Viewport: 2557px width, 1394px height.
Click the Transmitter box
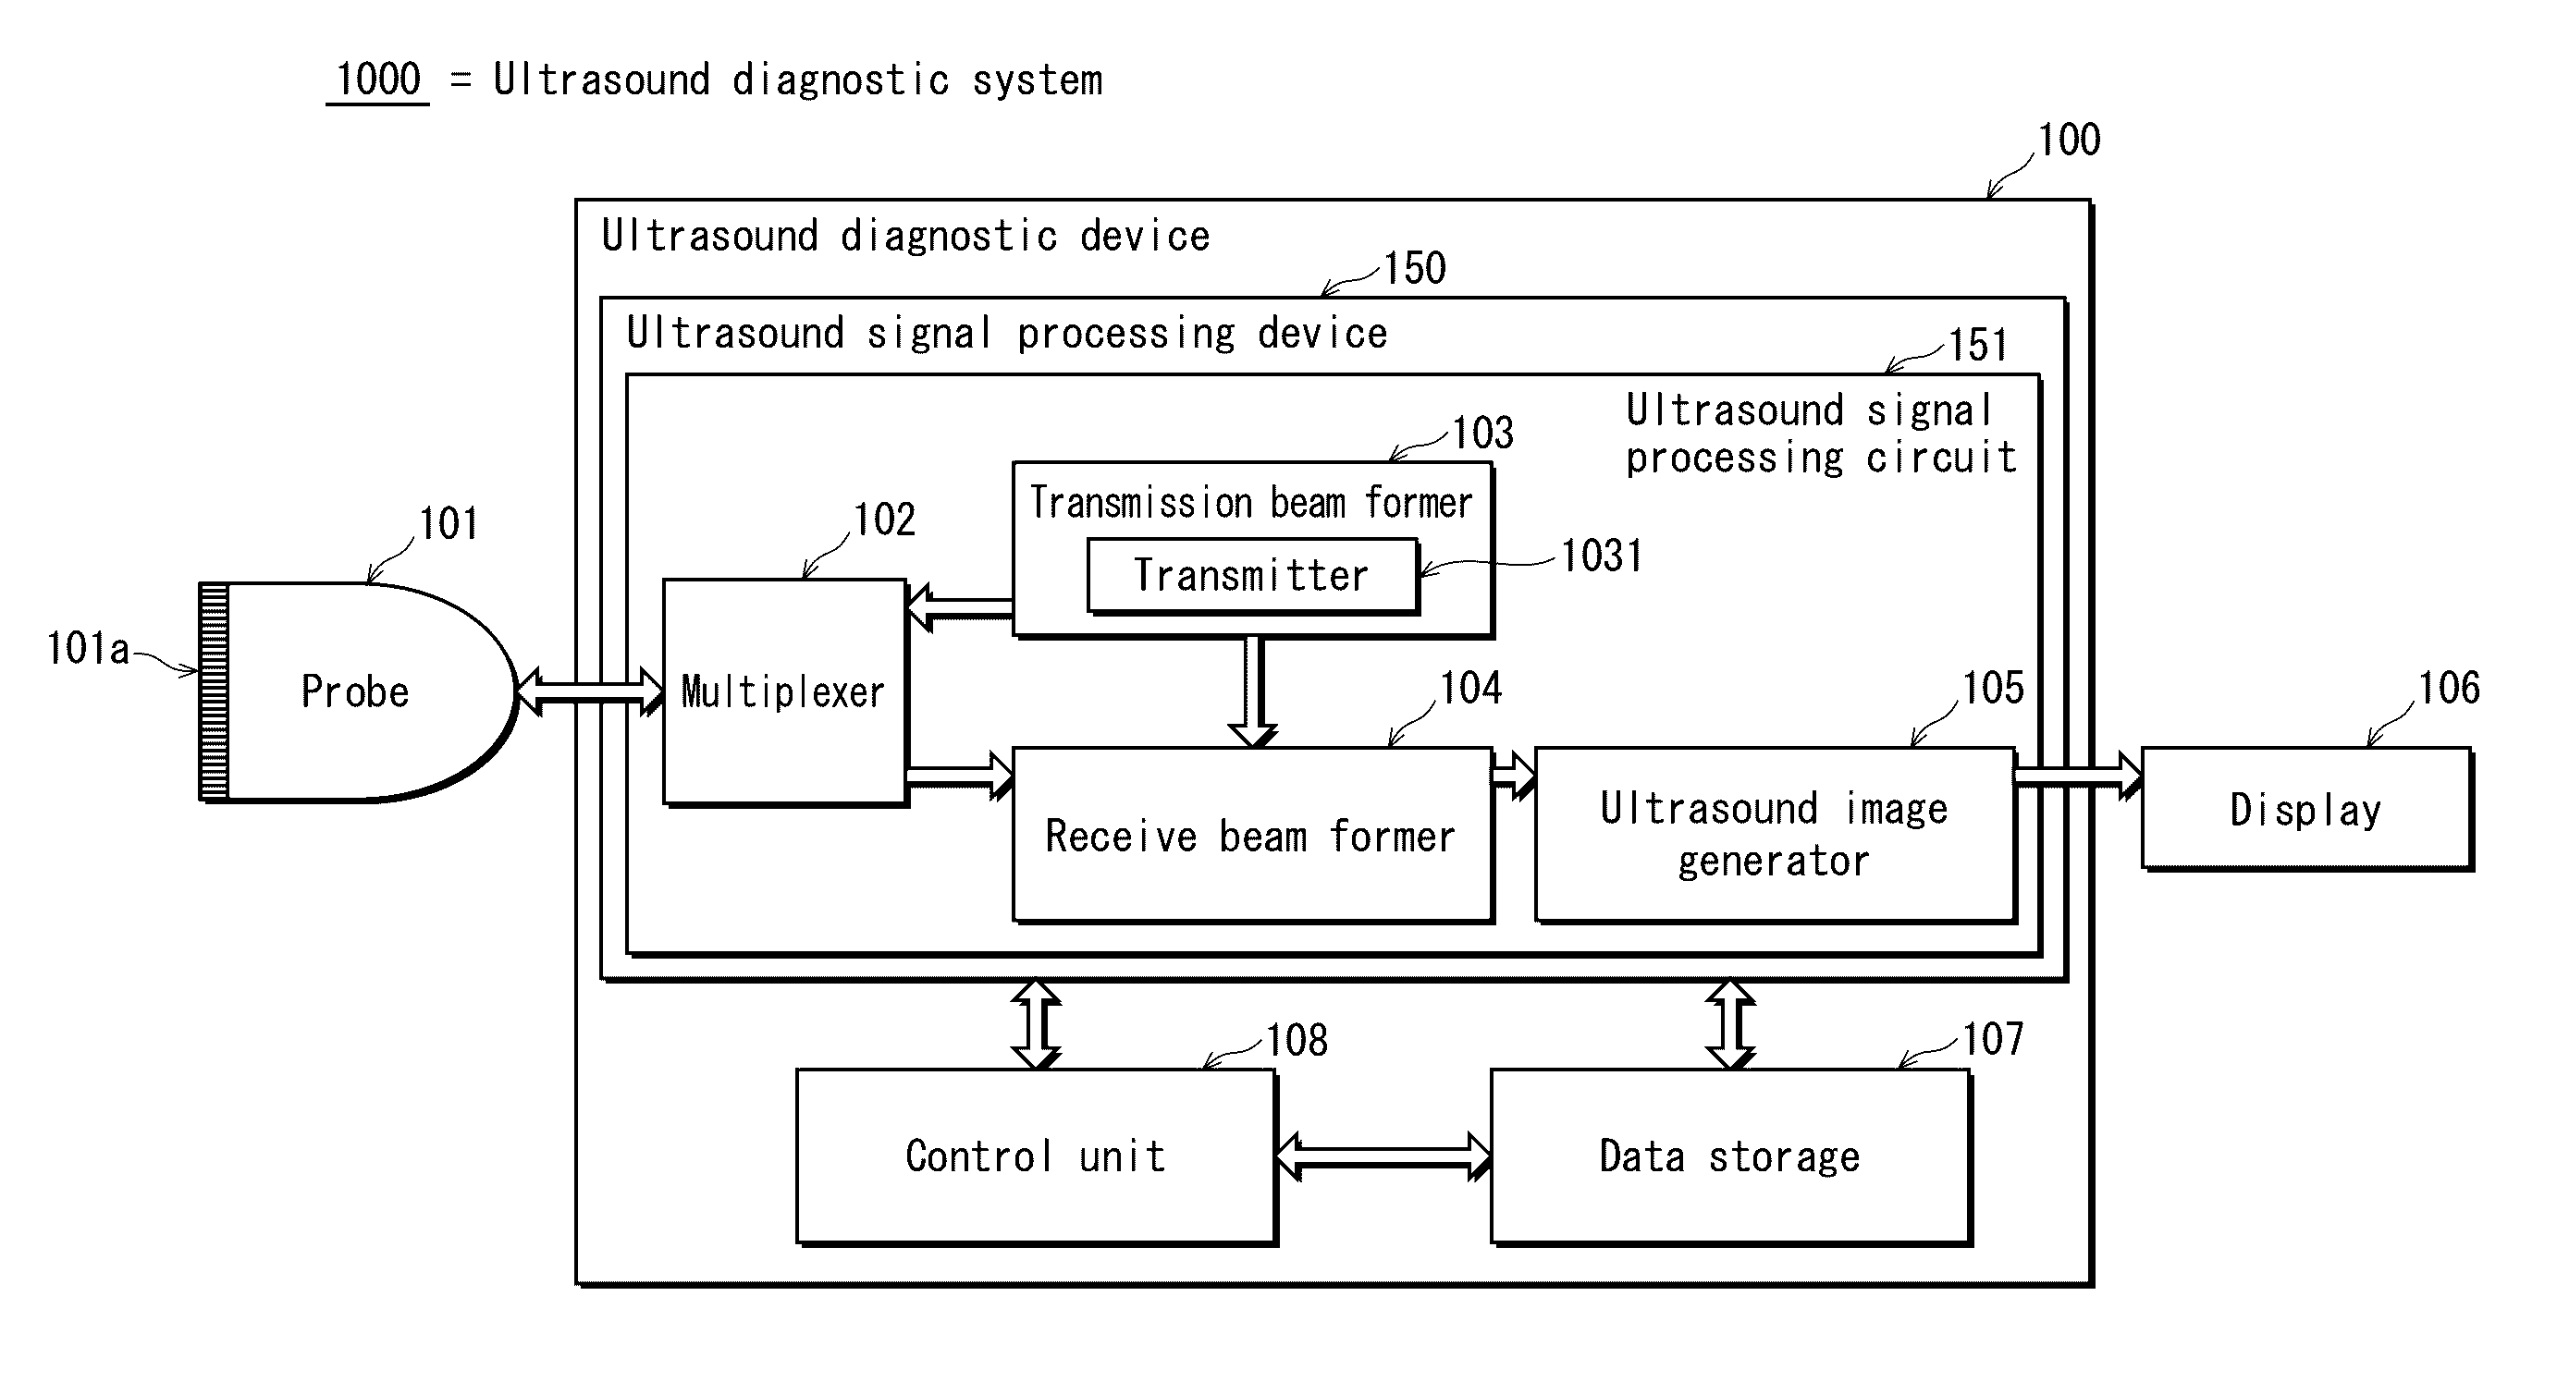click(1253, 576)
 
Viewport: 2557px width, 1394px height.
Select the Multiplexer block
click(785, 692)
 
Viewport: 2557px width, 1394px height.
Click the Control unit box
click(1037, 1156)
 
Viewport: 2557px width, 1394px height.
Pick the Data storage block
click(1731, 1156)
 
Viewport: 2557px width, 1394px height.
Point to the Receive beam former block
click(1253, 836)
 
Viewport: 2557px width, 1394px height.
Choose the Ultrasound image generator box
click(1776, 836)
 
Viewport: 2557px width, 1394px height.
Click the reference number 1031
click(1601, 556)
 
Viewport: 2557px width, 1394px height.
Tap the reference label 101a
click(87, 649)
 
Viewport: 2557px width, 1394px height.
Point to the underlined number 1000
click(378, 79)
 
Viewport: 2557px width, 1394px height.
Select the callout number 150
click(1415, 268)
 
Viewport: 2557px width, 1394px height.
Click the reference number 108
click(1297, 1041)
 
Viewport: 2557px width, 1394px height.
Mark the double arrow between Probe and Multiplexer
click(590, 691)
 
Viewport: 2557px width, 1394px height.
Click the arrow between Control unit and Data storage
click(1383, 1156)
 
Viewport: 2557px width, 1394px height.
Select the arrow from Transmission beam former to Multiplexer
click(960, 607)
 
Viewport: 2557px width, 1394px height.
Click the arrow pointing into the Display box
click(2079, 776)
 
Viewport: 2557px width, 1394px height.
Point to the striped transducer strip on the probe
click(214, 691)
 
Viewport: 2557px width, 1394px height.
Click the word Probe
click(355, 691)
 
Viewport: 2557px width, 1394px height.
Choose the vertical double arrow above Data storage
click(1730, 1025)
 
